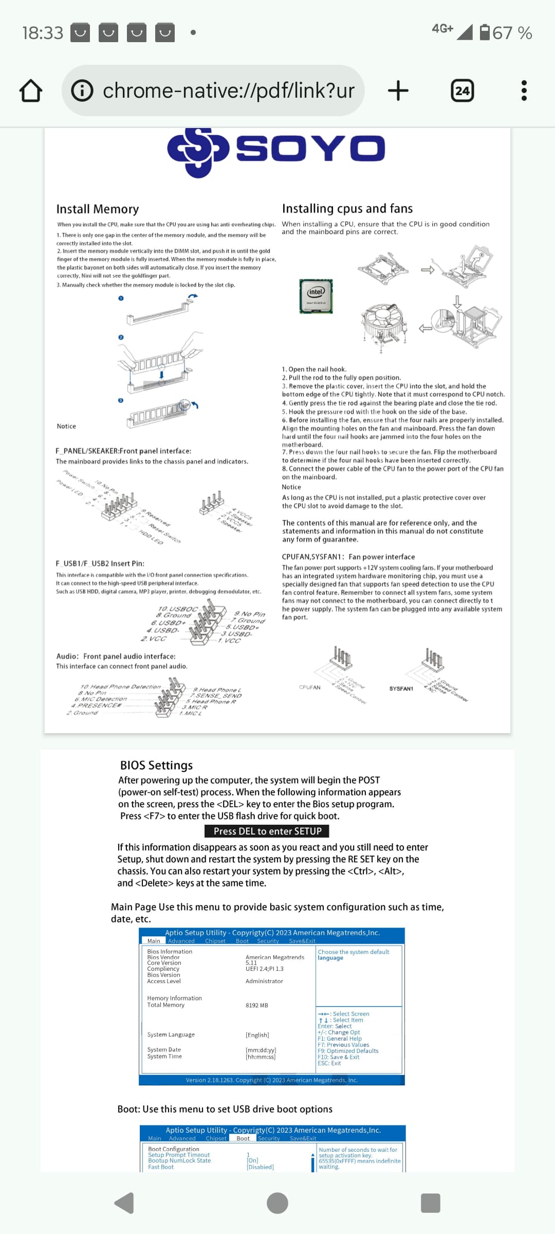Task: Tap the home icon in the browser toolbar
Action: tap(31, 91)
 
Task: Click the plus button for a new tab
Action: tap(398, 91)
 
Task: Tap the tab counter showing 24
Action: tap(462, 91)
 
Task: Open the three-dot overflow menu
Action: tap(524, 91)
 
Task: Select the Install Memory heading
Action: tap(98, 209)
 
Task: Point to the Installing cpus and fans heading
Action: tap(347, 209)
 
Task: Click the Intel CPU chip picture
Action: tap(316, 296)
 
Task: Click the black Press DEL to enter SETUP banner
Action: tap(267, 831)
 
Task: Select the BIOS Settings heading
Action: tap(156, 766)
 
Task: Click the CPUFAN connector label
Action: tap(309, 687)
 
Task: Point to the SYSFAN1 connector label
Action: tap(401, 688)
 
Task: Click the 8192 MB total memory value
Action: tap(257, 1005)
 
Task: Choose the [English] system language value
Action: tap(257, 1035)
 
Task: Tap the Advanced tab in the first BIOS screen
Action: tap(181, 941)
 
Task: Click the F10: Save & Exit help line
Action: tap(338, 1057)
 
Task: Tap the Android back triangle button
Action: tap(124, 1203)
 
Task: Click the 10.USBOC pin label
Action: tap(177, 609)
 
